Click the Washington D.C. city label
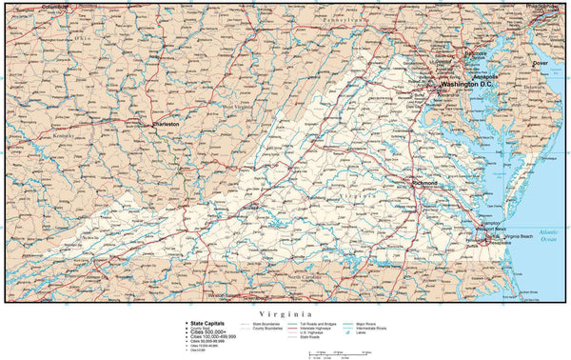(466, 85)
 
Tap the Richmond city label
(425, 183)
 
